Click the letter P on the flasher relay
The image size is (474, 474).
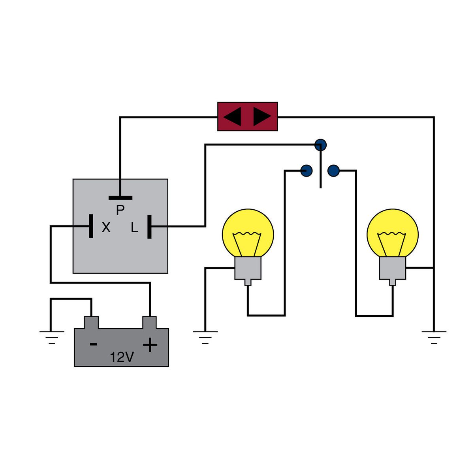120,210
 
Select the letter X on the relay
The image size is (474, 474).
106,228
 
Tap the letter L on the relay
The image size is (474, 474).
135,228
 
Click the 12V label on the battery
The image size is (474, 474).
122,357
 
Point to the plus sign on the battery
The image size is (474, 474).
150,345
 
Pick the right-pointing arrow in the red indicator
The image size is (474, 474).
262,117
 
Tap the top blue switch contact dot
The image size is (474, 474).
321,145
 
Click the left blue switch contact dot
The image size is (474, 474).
307,171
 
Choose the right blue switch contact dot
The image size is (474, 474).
334,171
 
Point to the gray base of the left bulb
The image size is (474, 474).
248,269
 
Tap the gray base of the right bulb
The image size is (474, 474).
393,269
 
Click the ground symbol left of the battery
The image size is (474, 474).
52,336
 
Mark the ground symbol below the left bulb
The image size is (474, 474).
205,336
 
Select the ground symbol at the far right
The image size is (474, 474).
434,336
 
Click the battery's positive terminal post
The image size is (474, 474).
150,322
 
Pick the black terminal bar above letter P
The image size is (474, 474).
120,198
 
